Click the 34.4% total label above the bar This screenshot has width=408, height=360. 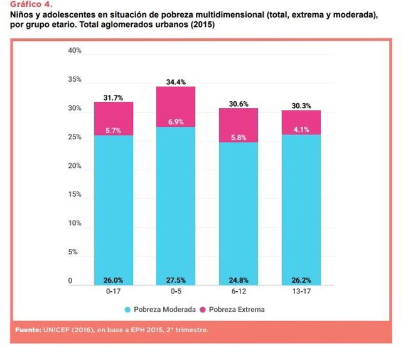click(x=176, y=82)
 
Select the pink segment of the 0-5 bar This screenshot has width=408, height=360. click(x=176, y=107)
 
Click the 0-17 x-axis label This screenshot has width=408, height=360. click(x=114, y=292)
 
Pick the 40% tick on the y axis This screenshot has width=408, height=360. click(x=75, y=51)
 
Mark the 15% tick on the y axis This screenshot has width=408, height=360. click(x=75, y=195)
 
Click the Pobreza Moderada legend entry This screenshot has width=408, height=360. click(x=159, y=309)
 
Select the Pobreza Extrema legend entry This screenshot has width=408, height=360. click(x=233, y=309)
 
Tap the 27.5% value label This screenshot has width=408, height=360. click(x=176, y=280)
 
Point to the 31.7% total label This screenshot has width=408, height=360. click(x=114, y=97)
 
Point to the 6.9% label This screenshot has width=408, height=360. click(x=176, y=122)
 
